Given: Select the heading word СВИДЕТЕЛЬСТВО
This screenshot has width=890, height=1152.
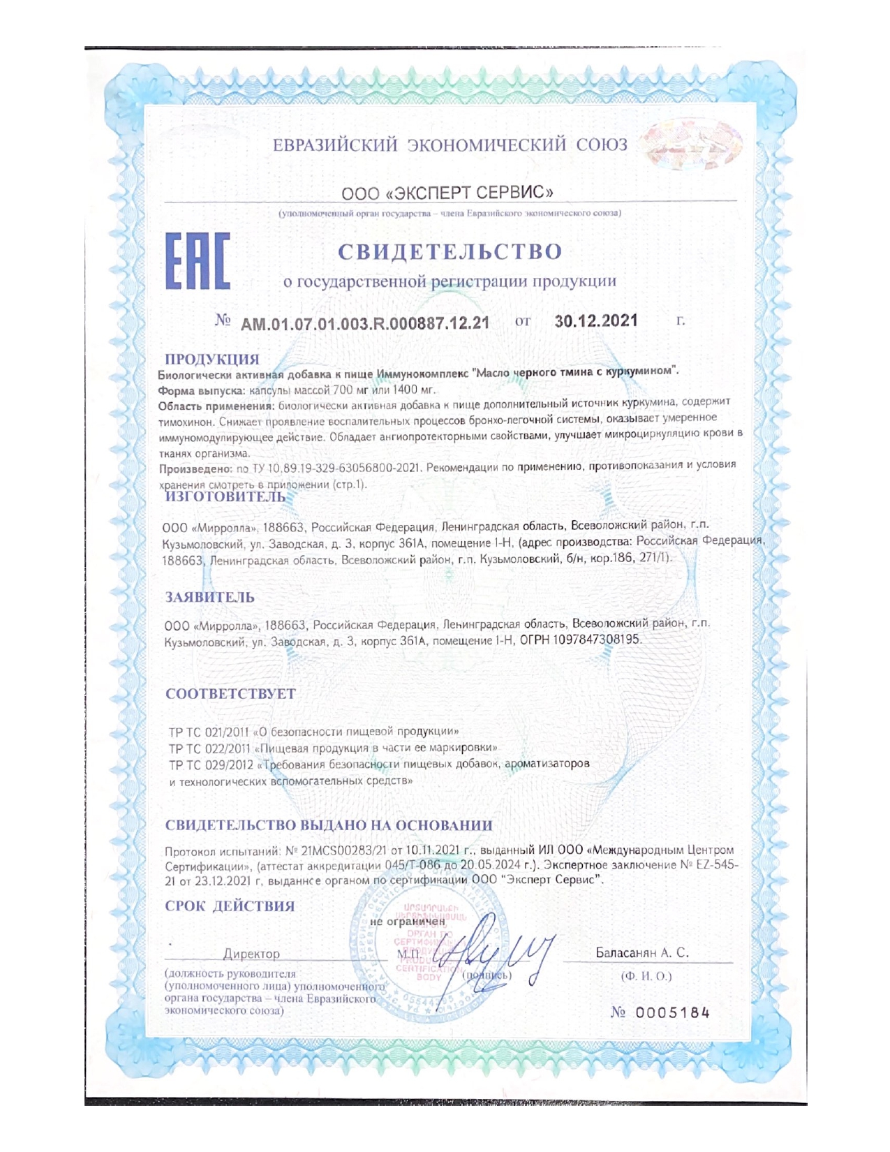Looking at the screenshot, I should pyautogui.click(x=450, y=251).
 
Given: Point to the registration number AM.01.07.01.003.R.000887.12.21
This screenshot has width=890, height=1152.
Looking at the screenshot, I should pyautogui.click(x=364, y=323).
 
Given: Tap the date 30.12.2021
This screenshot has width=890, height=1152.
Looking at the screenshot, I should pyautogui.click(x=596, y=320).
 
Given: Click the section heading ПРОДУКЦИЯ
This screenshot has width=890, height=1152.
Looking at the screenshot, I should pyautogui.click(x=212, y=359).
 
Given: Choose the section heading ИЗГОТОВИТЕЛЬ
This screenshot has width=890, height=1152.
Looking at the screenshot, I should pyautogui.click(x=225, y=496).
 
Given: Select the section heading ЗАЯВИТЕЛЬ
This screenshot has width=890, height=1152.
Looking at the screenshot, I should pyautogui.click(x=209, y=597).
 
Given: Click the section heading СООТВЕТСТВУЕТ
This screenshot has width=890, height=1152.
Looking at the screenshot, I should pyautogui.click(x=230, y=694).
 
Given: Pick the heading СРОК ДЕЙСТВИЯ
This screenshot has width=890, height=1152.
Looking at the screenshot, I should pyautogui.click(x=230, y=906).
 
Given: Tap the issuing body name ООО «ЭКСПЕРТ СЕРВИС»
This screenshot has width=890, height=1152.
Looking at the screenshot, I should pyautogui.click(x=447, y=192).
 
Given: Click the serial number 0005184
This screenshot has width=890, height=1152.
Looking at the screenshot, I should pyautogui.click(x=672, y=1012).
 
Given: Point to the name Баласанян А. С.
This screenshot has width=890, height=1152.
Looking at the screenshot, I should pyautogui.click(x=641, y=952).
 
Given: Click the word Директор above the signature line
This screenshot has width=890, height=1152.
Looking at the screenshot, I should pyautogui.click(x=251, y=954).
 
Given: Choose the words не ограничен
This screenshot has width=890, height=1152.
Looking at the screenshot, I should pyautogui.click(x=407, y=922).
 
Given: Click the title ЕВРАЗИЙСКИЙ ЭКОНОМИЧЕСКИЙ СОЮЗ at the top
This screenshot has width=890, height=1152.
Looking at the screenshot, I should pyautogui.click(x=450, y=145).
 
